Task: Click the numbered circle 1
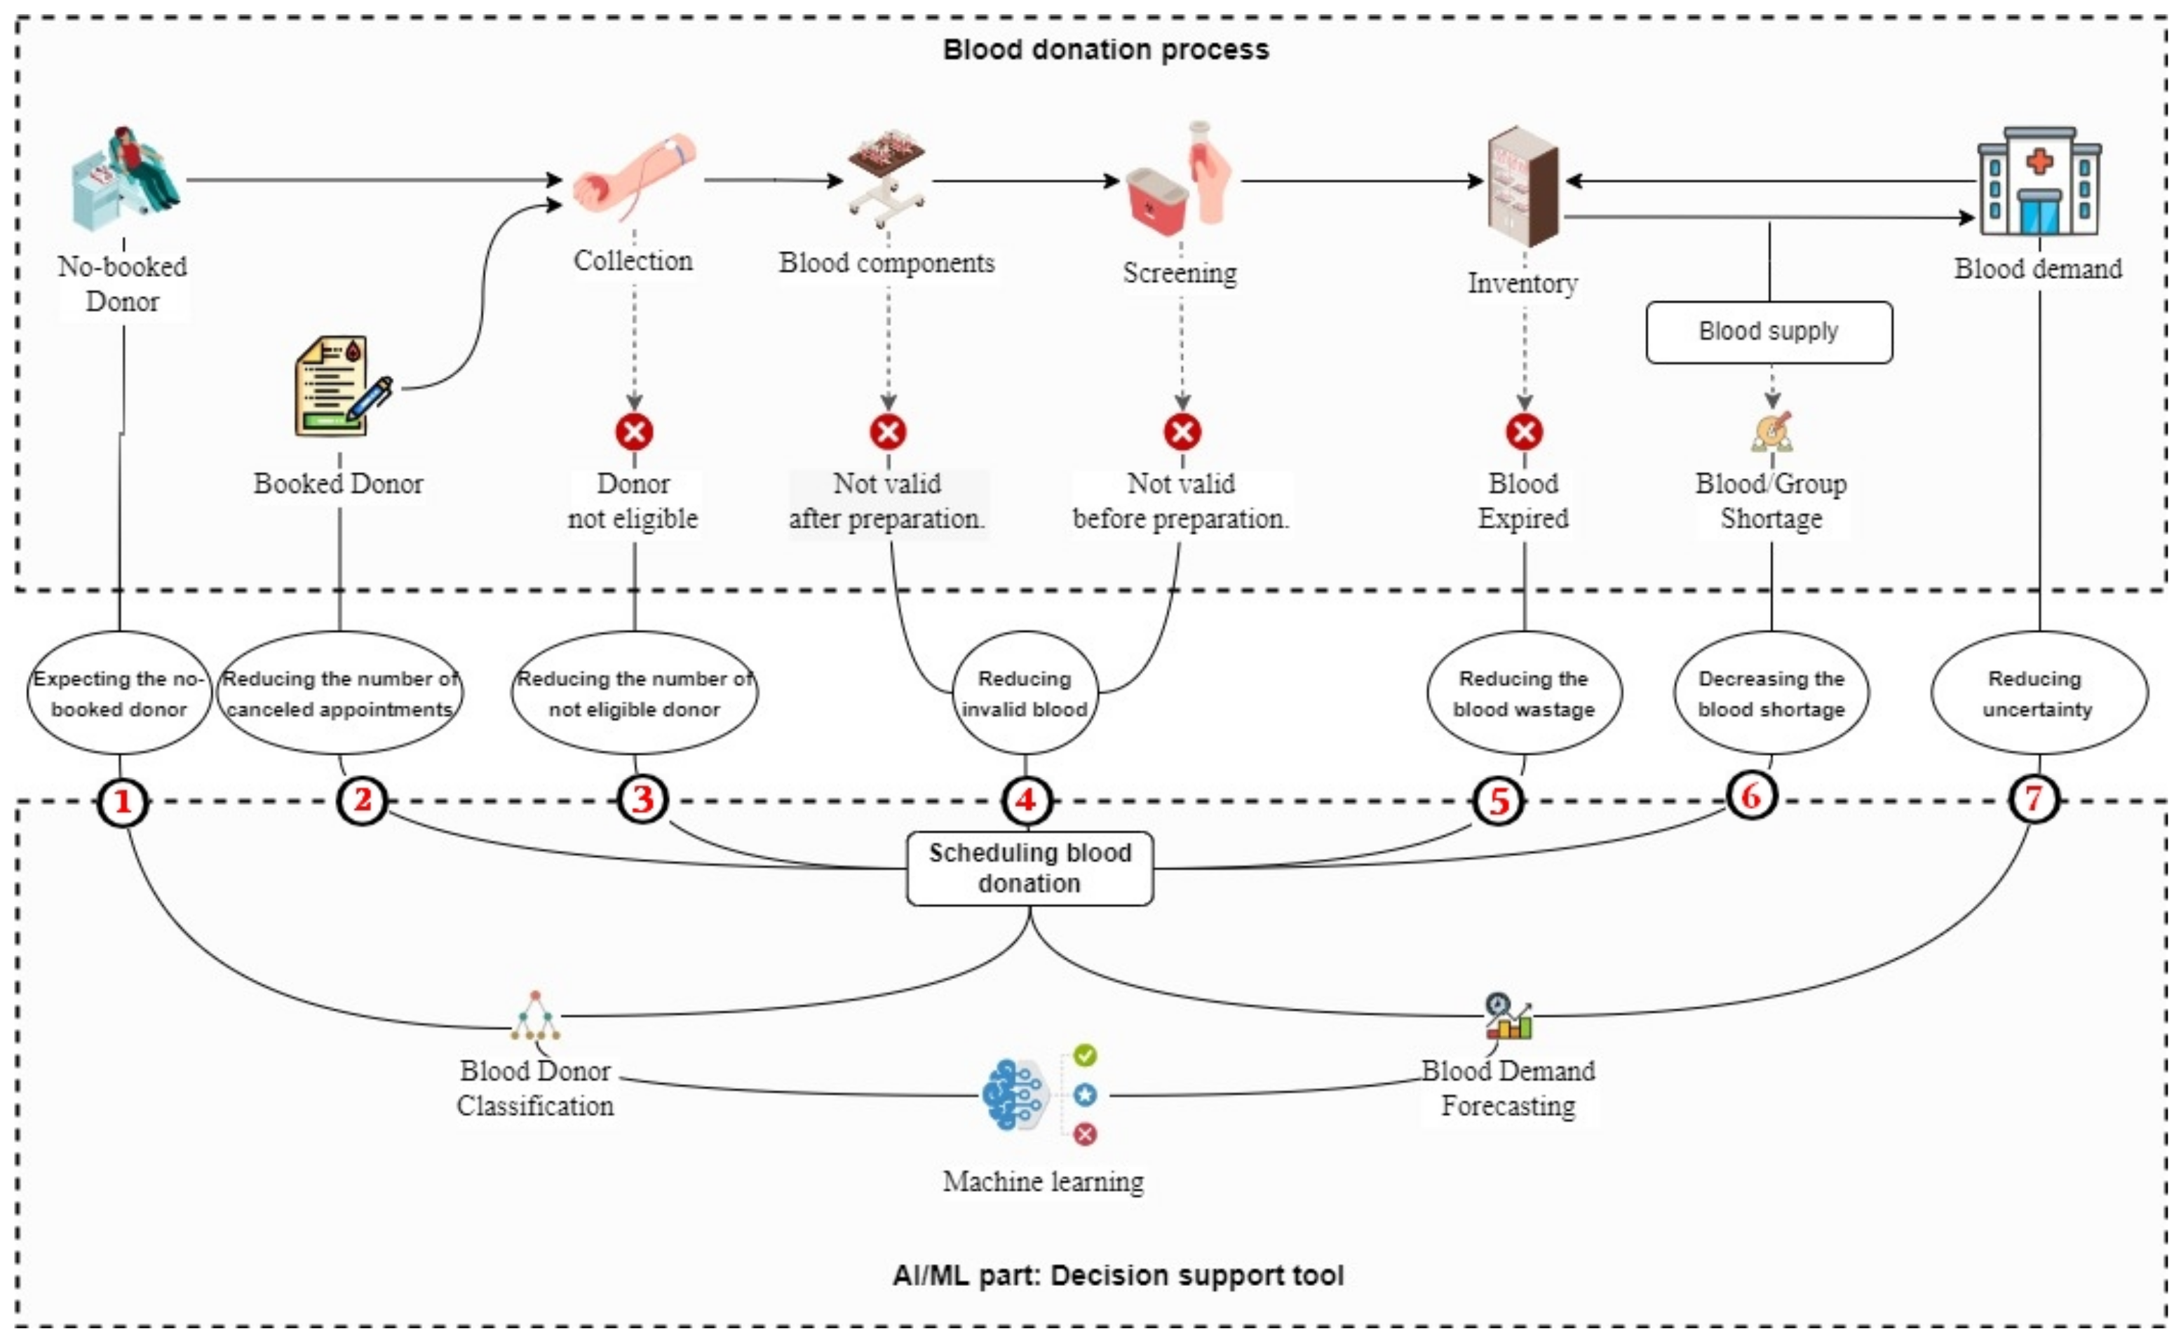pyautogui.click(x=123, y=801)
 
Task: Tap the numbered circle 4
pyautogui.click(x=1026, y=801)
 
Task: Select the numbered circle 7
pyautogui.click(x=2034, y=799)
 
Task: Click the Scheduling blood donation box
pyautogui.click(x=1029, y=868)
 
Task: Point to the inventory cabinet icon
pyautogui.click(x=1523, y=186)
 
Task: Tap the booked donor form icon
pyautogui.click(x=341, y=386)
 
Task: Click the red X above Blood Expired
pyautogui.click(x=1524, y=432)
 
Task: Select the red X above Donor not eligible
pyautogui.click(x=634, y=432)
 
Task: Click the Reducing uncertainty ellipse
pyautogui.click(x=2039, y=693)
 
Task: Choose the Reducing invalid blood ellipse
pyautogui.click(x=1025, y=693)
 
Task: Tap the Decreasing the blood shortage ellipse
pyautogui.click(x=1771, y=693)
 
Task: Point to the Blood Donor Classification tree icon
pyautogui.click(x=535, y=1015)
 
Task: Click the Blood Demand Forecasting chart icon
pyautogui.click(x=1508, y=1016)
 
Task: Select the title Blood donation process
pyautogui.click(x=1105, y=50)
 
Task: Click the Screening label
pyautogui.click(x=1180, y=273)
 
